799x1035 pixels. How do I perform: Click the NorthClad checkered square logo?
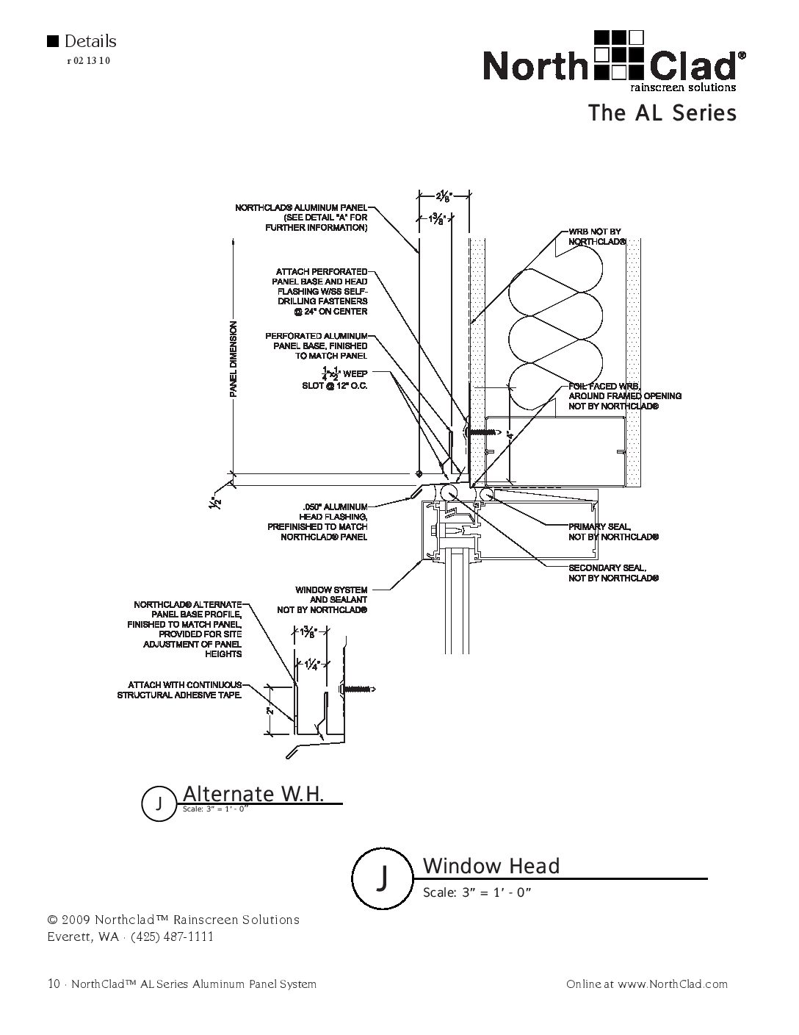tap(620, 54)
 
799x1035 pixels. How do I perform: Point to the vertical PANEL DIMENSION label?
tap(234, 359)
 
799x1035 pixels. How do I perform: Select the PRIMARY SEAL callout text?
tap(613, 531)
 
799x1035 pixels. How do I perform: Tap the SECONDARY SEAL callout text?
tap(613, 573)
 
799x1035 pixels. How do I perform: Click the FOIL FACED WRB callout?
tap(625, 396)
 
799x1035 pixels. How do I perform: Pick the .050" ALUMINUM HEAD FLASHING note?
tap(317, 522)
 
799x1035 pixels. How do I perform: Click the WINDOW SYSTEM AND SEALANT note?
tap(322, 600)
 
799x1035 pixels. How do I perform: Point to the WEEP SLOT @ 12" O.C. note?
tap(335, 379)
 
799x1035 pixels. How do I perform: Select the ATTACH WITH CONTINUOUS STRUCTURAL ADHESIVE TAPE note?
tap(179, 690)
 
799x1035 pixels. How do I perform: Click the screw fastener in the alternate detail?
tap(357, 689)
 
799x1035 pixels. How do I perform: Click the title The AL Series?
tap(662, 113)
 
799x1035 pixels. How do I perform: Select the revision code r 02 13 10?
tap(89, 61)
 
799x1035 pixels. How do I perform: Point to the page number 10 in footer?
tap(54, 984)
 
